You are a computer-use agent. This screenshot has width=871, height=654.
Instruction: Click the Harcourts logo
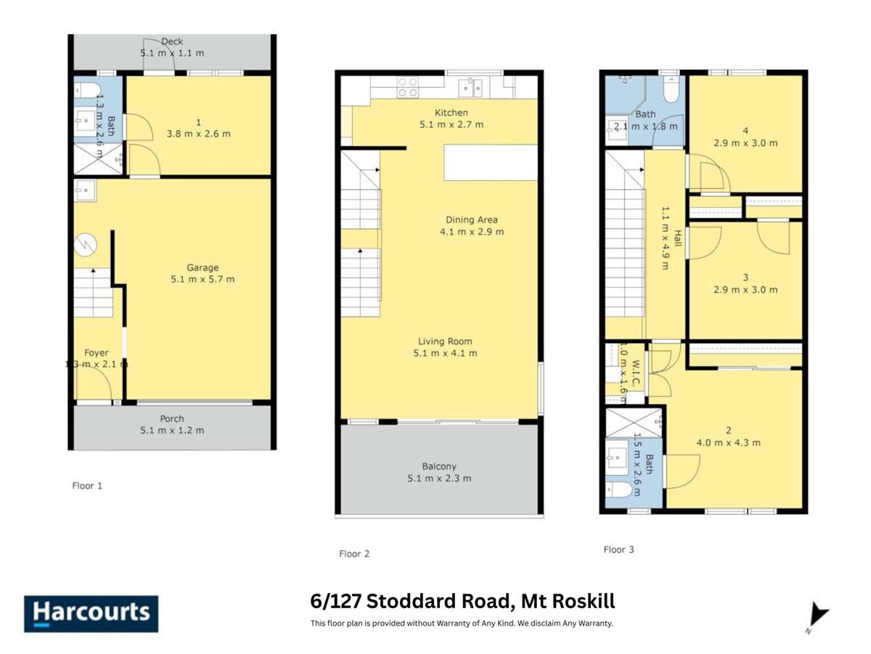[x=91, y=613]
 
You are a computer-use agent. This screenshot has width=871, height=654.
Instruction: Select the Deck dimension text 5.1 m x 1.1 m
[x=172, y=53]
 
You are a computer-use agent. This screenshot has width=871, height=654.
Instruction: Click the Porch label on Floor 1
[x=172, y=419]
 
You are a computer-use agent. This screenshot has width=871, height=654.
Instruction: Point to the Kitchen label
[x=451, y=113]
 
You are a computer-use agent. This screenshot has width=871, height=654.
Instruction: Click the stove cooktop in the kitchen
[x=407, y=88]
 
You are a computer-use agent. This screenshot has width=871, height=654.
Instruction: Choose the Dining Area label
[x=471, y=219]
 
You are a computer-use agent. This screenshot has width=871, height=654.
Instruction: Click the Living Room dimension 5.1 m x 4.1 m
[x=445, y=353]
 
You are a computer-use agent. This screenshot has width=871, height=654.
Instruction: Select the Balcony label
[x=439, y=467]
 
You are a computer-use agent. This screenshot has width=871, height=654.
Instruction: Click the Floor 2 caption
[x=354, y=554]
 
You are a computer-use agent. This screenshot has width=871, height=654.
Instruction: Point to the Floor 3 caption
[x=618, y=549]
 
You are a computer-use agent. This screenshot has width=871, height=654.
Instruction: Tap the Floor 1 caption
[x=87, y=485]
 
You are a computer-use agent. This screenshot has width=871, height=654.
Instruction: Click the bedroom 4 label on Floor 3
[x=745, y=132]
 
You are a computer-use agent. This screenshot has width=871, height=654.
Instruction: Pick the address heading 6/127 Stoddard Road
[x=462, y=602]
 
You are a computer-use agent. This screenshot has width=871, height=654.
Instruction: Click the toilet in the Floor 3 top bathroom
[x=671, y=90]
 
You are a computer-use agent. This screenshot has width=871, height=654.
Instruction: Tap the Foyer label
[x=97, y=353]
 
